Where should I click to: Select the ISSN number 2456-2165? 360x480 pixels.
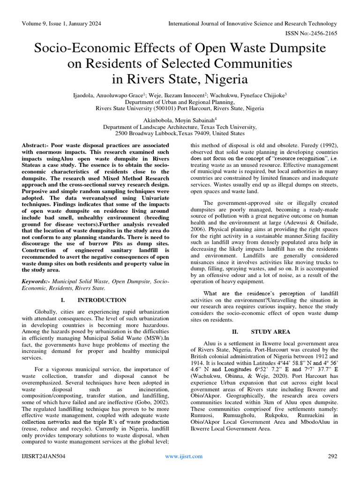tap(320, 33)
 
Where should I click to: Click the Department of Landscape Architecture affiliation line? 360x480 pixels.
tap(180, 127)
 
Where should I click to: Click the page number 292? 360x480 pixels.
tap(332, 456)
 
